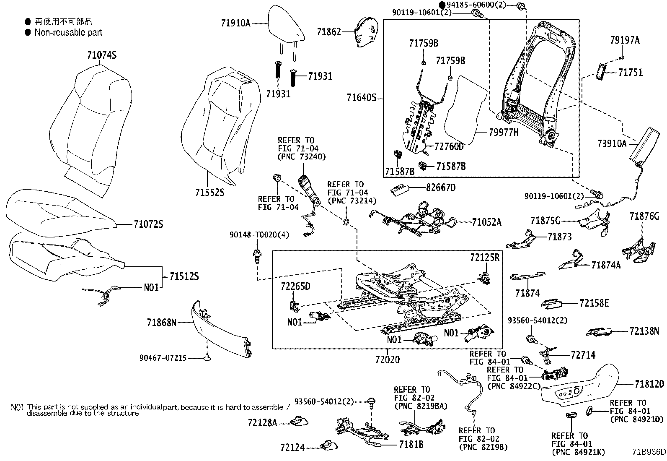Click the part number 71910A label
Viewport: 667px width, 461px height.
click(x=235, y=23)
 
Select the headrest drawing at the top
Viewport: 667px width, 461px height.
click(x=286, y=25)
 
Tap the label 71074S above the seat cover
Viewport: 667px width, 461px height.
click(x=102, y=55)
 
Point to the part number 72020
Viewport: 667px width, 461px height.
click(x=387, y=359)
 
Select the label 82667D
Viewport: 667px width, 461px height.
click(x=441, y=188)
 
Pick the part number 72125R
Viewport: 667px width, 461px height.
click(x=484, y=258)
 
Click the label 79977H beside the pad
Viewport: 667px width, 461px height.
click(x=504, y=133)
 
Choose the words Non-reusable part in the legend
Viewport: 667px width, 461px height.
click(x=68, y=32)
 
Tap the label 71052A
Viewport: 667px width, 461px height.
click(x=486, y=222)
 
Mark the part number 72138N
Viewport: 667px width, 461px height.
click(x=644, y=331)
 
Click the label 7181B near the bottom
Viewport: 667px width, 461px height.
click(x=411, y=444)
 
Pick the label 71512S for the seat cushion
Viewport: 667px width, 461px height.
click(x=184, y=276)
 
